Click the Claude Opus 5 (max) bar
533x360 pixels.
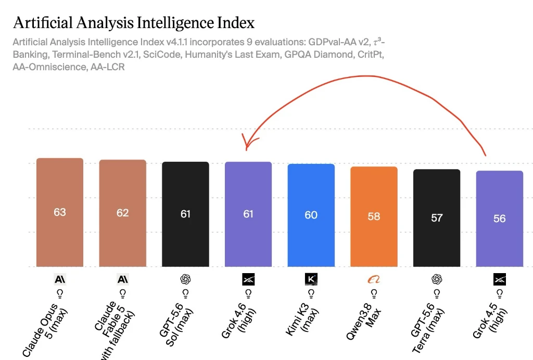[60, 212]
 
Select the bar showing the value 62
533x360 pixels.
[123, 213]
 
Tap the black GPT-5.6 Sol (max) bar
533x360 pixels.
[185, 214]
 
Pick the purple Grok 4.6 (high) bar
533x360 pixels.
[248, 214]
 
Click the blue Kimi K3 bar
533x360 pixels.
[311, 215]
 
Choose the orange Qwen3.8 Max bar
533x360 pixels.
[374, 217]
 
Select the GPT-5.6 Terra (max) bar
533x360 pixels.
[437, 218]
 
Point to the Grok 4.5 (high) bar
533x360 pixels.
[499, 218]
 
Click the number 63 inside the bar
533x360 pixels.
[60, 212]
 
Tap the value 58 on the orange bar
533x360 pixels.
[374, 216]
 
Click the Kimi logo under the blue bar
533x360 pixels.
[311, 279]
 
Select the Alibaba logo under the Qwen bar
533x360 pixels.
[374, 279]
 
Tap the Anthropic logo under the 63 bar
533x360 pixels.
[60, 279]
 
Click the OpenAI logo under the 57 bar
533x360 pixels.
[437, 279]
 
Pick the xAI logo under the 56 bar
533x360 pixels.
[500, 279]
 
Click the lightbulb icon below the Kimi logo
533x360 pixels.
[311, 293]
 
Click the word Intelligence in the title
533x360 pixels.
[175, 23]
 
